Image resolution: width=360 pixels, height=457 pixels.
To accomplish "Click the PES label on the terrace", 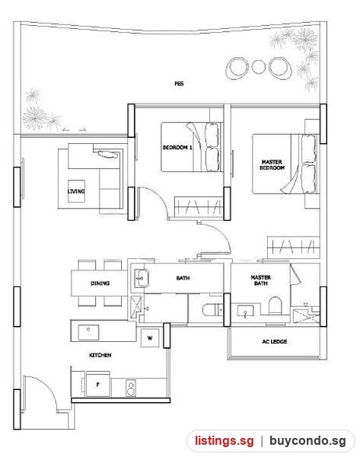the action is click(x=179, y=84).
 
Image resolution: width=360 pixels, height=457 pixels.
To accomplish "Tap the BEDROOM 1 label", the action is click(x=177, y=148).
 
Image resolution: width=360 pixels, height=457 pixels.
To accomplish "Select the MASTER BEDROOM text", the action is click(x=272, y=165).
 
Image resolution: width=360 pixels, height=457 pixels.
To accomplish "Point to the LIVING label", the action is click(x=76, y=191).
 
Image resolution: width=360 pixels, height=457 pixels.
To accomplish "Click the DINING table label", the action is click(x=100, y=283).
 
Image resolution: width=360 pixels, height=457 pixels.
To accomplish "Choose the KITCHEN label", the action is click(x=100, y=355).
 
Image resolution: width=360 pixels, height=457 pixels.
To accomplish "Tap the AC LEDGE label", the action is click(x=275, y=341).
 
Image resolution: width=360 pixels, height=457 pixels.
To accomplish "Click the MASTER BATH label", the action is click(x=261, y=280).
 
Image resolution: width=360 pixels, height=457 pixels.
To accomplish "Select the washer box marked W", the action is click(x=150, y=338).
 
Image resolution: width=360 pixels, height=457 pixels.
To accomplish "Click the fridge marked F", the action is click(x=98, y=384).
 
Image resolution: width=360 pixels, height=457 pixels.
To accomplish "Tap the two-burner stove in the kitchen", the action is click(x=131, y=388).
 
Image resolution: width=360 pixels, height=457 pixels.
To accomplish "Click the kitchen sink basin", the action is click(x=88, y=333).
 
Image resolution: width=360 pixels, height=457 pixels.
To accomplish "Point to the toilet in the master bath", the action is click(x=275, y=305).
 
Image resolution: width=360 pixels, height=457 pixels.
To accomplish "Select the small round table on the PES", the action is click(x=258, y=67).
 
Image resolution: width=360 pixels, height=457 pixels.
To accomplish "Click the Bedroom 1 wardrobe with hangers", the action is click(x=199, y=206).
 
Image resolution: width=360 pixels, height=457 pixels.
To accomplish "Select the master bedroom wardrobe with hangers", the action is click(x=293, y=247).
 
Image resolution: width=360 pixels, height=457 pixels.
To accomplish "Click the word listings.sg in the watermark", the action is click(x=225, y=441).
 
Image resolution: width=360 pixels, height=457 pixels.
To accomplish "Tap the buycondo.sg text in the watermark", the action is click(x=307, y=441).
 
